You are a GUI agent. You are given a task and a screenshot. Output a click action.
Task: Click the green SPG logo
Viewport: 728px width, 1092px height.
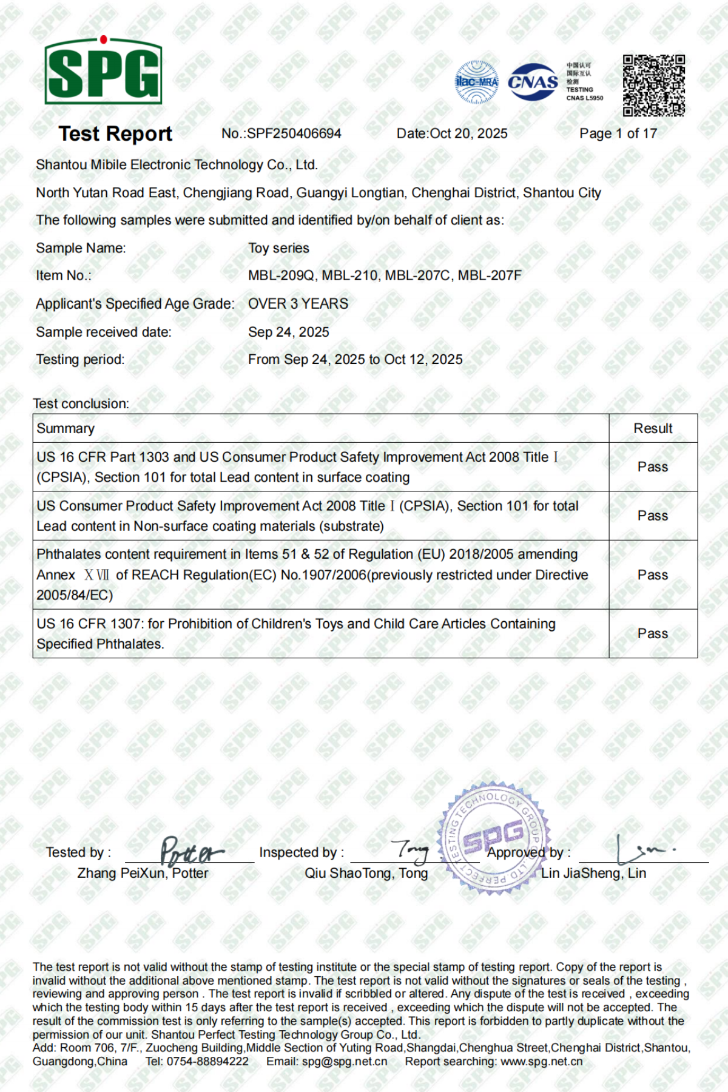pyautogui.click(x=103, y=71)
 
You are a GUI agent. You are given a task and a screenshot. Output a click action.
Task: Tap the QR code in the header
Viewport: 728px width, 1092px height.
pyautogui.click(x=653, y=86)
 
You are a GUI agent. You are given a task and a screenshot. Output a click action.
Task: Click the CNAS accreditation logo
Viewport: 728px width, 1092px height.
pyautogui.click(x=533, y=82)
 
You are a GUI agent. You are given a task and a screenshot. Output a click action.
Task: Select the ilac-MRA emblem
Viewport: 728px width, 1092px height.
pyautogui.click(x=477, y=82)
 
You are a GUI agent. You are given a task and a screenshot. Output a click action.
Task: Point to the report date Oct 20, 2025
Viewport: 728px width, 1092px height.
pyautogui.click(x=468, y=133)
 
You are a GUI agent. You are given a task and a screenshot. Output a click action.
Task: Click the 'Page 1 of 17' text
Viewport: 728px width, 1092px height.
pyautogui.click(x=618, y=133)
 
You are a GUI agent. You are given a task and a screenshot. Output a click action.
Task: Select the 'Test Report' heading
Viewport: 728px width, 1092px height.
pyautogui.click(x=115, y=133)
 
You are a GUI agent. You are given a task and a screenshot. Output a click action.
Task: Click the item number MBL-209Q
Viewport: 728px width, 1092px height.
pyautogui.click(x=281, y=275)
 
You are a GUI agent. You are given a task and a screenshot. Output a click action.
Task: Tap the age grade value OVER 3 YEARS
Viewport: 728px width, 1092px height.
pyautogui.click(x=298, y=303)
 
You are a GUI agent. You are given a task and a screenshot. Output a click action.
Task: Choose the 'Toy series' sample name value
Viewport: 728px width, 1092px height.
pyautogui.click(x=278, y=248)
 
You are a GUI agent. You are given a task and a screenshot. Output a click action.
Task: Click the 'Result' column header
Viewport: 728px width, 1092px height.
pyautogui.click(x=653, y=428)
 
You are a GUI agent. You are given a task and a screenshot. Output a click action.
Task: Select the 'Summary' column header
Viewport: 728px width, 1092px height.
pyautogui.click(x=66, y=428)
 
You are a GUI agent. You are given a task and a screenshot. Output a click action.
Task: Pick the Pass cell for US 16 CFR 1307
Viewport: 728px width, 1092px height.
pyautogui.click(x=653, y=633)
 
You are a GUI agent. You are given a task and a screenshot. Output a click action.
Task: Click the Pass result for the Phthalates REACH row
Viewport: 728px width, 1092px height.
pyautogui.click(x=653, y=575)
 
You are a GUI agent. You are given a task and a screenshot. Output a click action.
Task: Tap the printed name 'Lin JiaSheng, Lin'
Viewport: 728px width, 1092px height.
pyautogui.click(x=593, y=873)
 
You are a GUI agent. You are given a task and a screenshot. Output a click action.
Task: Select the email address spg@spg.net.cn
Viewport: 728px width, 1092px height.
pyautogui.click(x=345, y=1061)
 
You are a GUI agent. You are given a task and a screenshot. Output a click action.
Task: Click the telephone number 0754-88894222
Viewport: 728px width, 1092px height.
pyautogui.click(x=207, y=1061)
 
